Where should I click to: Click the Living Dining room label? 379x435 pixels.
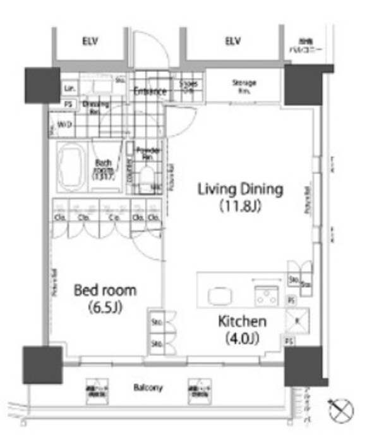pyautogui.click(x=239, y=188)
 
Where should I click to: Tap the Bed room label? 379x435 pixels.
pyautogui.click(x=105, y=291)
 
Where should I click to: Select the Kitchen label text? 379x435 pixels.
pyautogui.click(x=242, y=321)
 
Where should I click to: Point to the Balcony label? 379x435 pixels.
pyautogui.click(x=147, y=388)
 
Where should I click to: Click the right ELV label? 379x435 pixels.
pyautogui.click(x=233, y=42)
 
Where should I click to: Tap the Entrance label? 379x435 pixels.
pyautogui.click(x=150, y=92)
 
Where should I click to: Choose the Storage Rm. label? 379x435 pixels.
pyautogui.click(x=243, y=87)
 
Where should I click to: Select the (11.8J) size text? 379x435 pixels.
pyautogui.click(x=239, y=205)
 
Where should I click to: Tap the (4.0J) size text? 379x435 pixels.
pyautogui.click(x=242, y=338)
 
